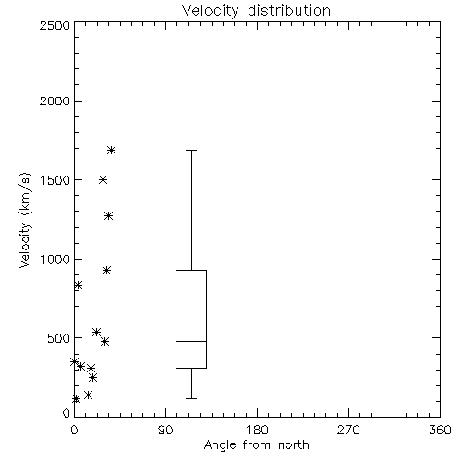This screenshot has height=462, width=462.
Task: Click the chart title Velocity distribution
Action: [256, 10]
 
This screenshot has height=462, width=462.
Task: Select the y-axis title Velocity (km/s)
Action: [25, 220]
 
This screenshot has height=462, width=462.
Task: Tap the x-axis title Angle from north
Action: [256, 445]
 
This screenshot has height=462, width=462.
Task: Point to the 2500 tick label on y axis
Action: [55, 25]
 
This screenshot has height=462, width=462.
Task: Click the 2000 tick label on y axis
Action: [55, 101]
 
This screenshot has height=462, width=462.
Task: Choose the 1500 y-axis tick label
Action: [55, 180]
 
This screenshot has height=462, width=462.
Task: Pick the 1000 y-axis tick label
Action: [55, 259]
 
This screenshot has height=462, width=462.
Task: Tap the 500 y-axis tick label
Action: [59, 338]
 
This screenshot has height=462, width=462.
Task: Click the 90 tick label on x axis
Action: [165, 430]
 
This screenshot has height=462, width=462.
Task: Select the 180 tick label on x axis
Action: [257, 430]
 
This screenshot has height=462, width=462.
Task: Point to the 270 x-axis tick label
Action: [348, 430]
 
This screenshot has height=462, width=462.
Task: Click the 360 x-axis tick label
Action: [440, 430]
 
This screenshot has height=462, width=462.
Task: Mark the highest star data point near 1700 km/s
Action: [111, 151]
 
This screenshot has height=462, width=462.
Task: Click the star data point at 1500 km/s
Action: [103, 180]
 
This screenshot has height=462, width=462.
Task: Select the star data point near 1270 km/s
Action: [108, 215]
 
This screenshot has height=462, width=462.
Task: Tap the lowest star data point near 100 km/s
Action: [76, 399]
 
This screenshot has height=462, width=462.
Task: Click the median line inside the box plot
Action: [191, 341]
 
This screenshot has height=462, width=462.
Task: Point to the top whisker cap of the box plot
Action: [191, 150]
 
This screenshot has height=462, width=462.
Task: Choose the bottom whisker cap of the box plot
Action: [191, 398]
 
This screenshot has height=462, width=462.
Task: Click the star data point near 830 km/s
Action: [79, 285]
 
